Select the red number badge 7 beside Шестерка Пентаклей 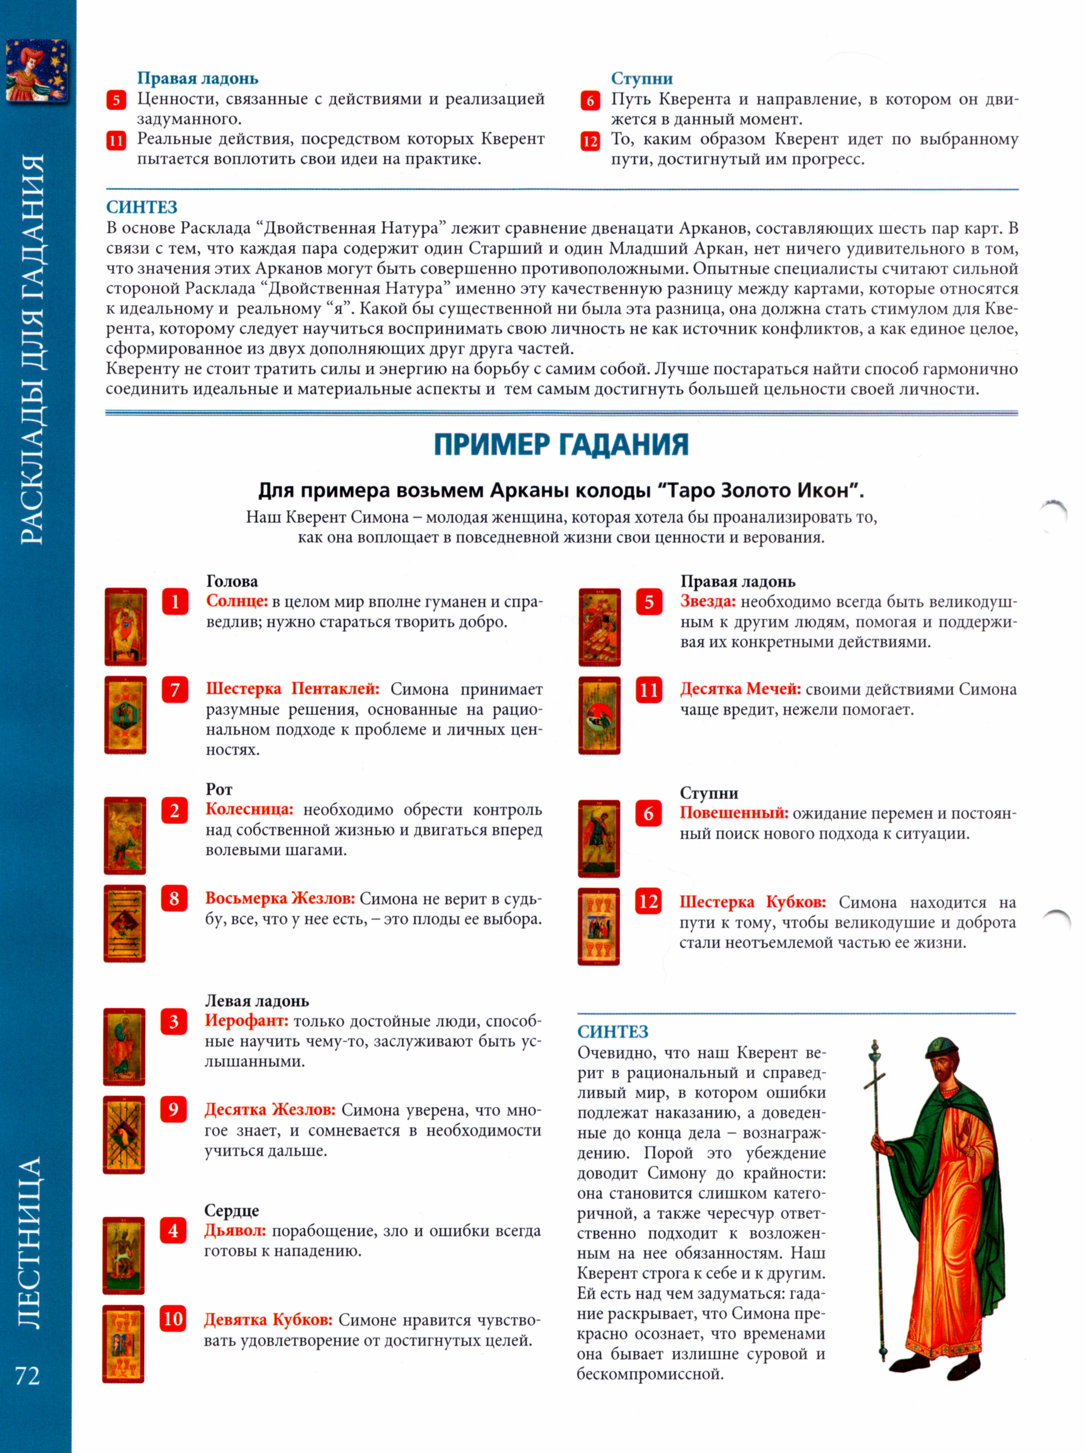coord(175,690)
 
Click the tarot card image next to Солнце coord(125,627)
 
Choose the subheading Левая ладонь coord(257,1000)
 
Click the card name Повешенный coord(733,813)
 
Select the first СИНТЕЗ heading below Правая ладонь coord(142,208)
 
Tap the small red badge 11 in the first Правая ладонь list coord(116,141)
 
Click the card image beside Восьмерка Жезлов coord(124,924)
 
